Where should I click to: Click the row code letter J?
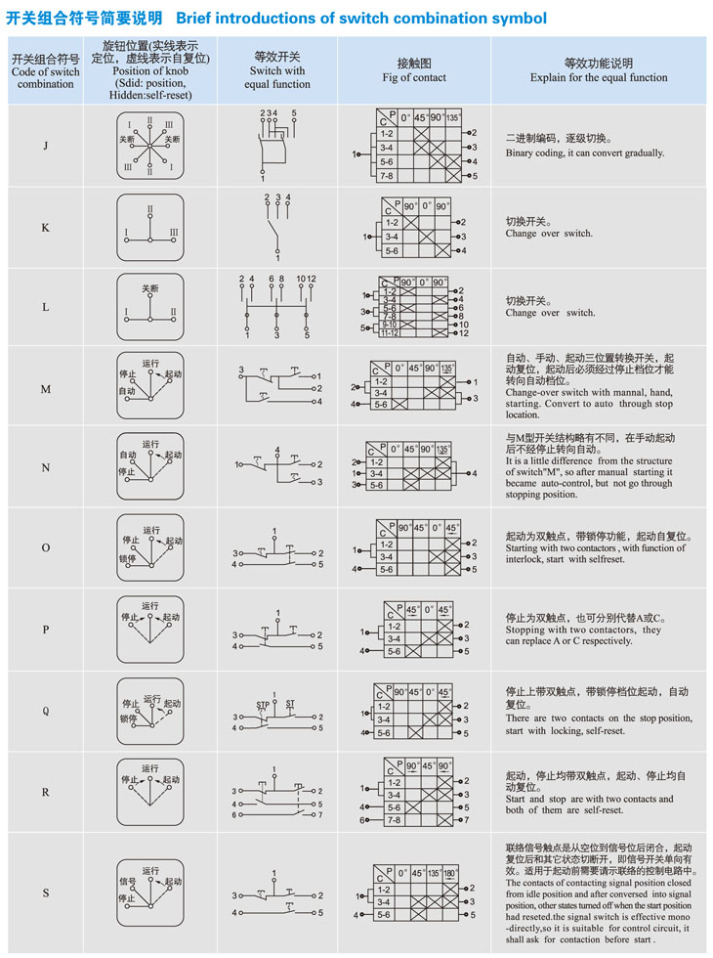[46, 147]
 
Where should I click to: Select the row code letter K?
[46, 227]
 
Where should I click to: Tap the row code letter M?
[46, 389]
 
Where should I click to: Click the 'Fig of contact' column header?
[414, 77]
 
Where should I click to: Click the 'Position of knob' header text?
[150, 70]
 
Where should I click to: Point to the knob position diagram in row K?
[149, 227]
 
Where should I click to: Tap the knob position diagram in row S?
[149, 893]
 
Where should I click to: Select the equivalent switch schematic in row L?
[277, 308]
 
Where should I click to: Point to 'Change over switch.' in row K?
[549, 234]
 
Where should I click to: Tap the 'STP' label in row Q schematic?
[263, 704]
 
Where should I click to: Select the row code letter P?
[46, 630]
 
